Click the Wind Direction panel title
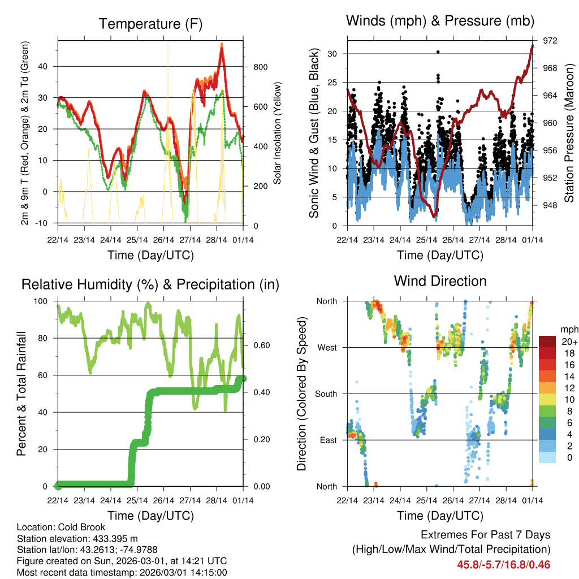[440, 281]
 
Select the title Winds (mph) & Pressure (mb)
[440, 21]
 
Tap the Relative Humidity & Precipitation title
[150, 284]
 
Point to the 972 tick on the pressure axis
[550, 41]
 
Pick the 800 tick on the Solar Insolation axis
[260, 67]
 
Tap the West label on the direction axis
[326, 347]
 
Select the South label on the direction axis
[325, 394]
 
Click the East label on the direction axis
[327, 440]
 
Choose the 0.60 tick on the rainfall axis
[259, 345]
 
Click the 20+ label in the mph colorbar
[569, 342]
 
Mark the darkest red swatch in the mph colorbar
[547, 342]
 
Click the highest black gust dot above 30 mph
[438, 51]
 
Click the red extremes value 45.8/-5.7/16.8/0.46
[503, 564]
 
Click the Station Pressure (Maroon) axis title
[569, 133]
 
